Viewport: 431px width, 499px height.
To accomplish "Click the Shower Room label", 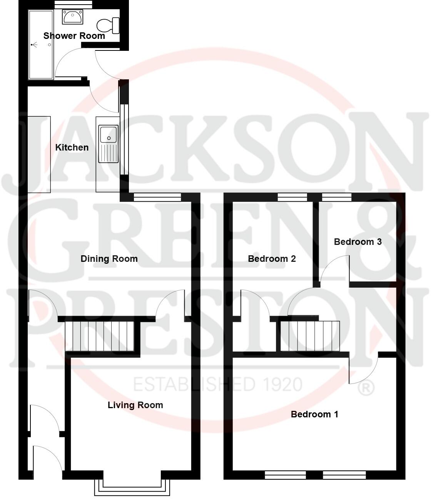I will [x=74, y=36].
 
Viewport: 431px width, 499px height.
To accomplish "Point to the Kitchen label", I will [x=72, y=147].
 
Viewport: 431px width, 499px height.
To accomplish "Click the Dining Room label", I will [x=109, y=259].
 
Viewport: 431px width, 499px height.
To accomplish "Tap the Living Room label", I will [x=135, y=405].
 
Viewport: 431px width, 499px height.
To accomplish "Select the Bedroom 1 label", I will [x=314, y=414].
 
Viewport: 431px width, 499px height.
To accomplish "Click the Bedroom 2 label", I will [x=272, y=259].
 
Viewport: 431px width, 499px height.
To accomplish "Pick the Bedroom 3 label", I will [x=357, y=242].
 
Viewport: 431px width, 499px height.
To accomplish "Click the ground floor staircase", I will [x=99, y=336].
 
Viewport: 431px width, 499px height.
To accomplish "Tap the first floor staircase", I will [x=310, y=336].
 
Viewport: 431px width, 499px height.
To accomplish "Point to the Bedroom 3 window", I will [x=336, y=197].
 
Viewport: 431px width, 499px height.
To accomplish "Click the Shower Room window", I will [x=73, y=4].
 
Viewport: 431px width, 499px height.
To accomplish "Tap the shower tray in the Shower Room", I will [x=40, y=45].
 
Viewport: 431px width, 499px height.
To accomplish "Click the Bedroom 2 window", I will [x=292, y=197].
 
